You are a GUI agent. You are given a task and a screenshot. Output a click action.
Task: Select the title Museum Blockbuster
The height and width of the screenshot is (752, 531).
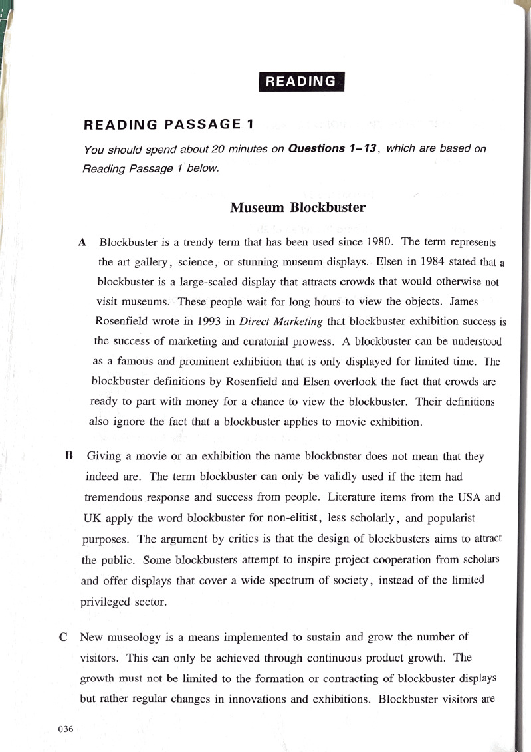(298, 207)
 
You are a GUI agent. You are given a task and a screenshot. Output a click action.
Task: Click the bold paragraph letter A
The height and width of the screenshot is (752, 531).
(82, 241)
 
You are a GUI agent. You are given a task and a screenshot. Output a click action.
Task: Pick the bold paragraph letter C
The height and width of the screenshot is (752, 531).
(62, 636)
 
